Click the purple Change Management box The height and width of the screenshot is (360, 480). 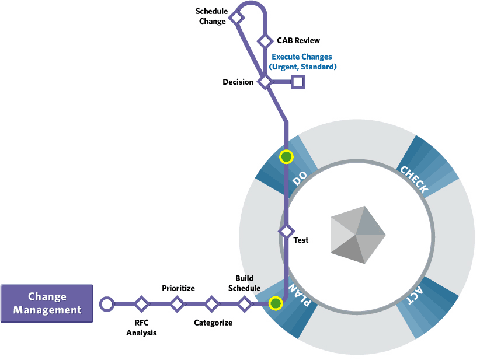point(47,303)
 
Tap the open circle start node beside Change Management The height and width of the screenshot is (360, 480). point(106,303)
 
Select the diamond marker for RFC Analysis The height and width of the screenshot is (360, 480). point(141,303)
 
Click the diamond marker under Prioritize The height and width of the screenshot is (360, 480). point(176,303)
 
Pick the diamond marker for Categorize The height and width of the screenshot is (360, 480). point(211,303)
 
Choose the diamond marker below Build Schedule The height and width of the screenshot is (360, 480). point(245,303)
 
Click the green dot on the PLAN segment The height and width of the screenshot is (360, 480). point(275,303)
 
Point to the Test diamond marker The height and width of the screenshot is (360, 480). point(286,231)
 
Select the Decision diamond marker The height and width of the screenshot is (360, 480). point(265,82)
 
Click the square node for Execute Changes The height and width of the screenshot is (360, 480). point(298,82)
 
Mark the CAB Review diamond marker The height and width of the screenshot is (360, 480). point(265,41)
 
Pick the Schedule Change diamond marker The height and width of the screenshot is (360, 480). point(236,18)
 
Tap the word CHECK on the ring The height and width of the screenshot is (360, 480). point(414,179)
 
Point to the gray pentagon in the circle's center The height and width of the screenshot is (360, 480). point(357,234)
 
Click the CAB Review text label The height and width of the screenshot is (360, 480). point(298,41)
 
